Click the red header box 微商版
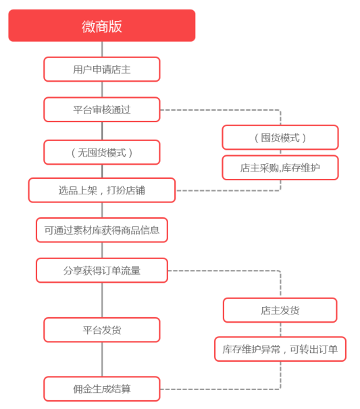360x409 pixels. pyautogui.click(x=102, y=26)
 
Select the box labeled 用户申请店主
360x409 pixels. pyautogui.click(x=102, y=70)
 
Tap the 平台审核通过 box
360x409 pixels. pyautogui.click(x=102, y=109)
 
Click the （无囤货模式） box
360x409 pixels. pyautogui.click(x=102, y=153)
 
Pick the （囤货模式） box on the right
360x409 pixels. pyautogui.click(x=280, y=138)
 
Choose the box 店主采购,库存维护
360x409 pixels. pyautogui.click(x=280, y=167)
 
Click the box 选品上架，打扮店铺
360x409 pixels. pyautogui.click(x=102, y=190)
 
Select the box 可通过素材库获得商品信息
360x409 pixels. pyautogui.click(x=102, y=230)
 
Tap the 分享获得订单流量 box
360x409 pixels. pyautogui.click(x=102, y=271)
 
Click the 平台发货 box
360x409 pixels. pyautogui.click(x=102, y=330)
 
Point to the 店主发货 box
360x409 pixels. pyautogui.click(x=280, y=310)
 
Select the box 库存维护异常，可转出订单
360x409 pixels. pyautogui.click(x=280, y=349)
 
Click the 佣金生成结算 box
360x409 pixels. pyautogui.click(x=102, y=389)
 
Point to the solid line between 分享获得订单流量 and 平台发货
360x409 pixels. pyautogui.click(x=102, y=300)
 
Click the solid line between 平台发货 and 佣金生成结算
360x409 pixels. pyautogui.click(x=102, y=360)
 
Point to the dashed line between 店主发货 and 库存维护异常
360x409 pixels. pyautogui.click(x=281, y=330)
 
